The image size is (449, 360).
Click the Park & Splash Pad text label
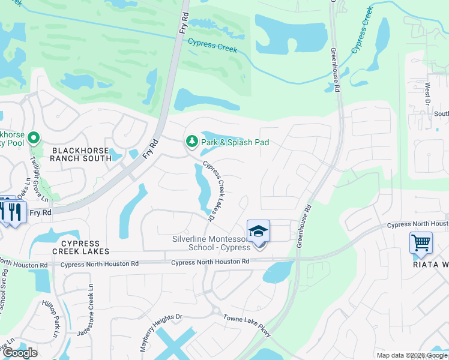235,143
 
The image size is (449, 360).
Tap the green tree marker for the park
191,142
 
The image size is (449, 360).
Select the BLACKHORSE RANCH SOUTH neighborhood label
81,154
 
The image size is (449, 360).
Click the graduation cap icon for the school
258,231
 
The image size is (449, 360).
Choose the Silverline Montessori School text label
211,244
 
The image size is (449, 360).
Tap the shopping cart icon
421,243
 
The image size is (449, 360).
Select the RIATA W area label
430,264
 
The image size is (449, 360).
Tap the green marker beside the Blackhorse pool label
34,139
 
